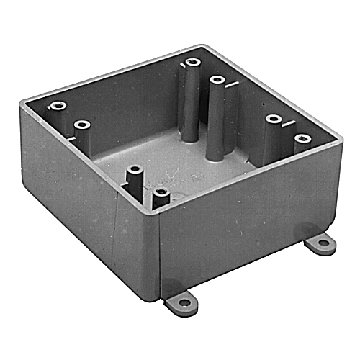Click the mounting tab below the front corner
(x=181, y=300)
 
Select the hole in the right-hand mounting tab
(x=323, y=244)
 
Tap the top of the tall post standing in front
(x=216, y=80)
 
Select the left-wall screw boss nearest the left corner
(x=55, y=107)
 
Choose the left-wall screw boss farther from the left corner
(x=83, y=126)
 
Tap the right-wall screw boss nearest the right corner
(x=300, y=136)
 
